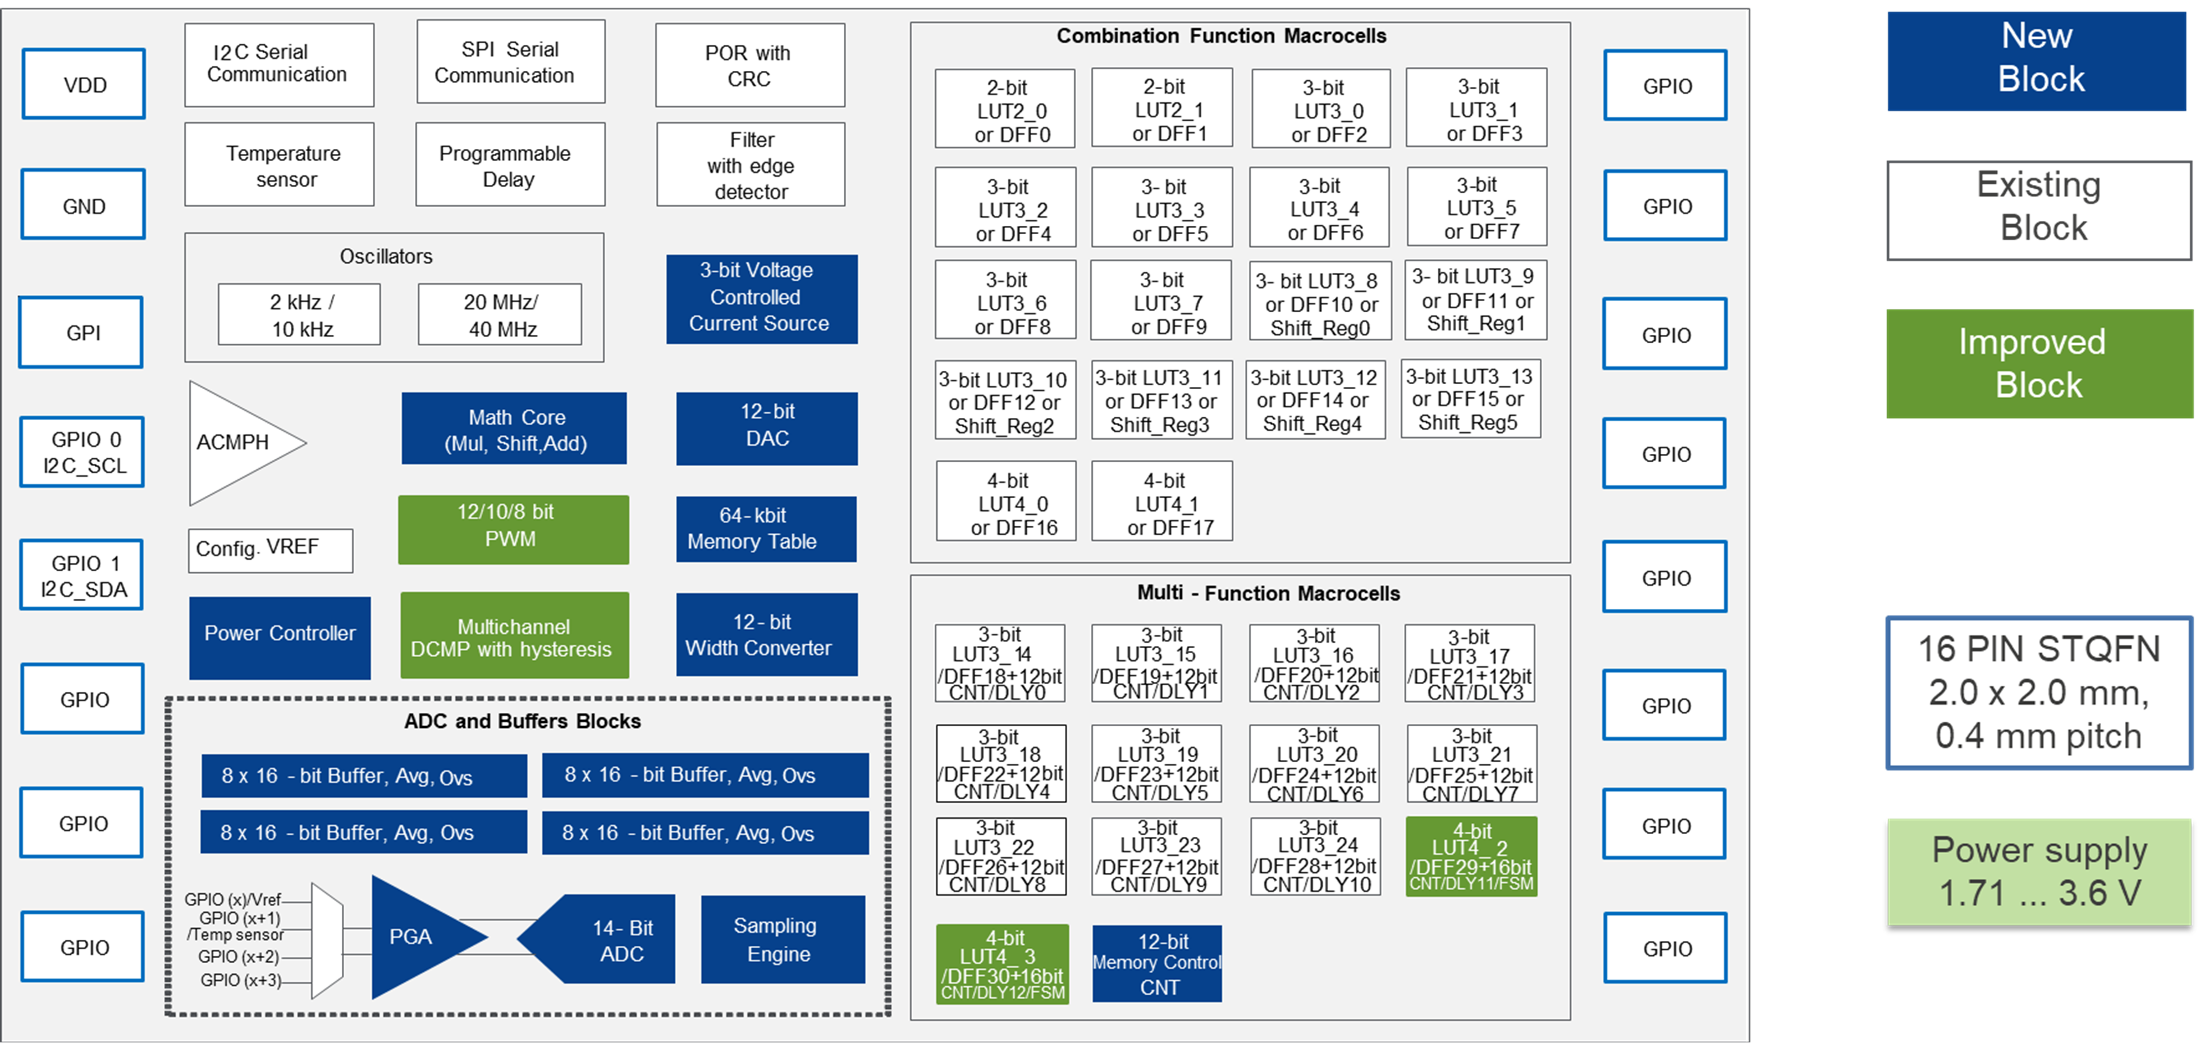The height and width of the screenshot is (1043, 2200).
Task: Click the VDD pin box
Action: pos(84,85)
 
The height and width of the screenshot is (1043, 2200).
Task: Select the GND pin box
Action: pos(84,205)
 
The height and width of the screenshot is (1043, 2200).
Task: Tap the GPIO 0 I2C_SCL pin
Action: pos(83,453)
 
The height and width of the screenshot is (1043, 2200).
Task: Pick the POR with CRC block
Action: pos(750,66)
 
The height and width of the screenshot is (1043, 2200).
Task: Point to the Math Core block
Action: pos(514,429)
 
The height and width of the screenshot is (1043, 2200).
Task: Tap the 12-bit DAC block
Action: pos(767,429)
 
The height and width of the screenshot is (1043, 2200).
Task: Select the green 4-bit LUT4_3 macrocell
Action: pos(1003,964)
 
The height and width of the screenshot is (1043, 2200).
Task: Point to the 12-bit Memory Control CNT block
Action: pos(1157,964)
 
